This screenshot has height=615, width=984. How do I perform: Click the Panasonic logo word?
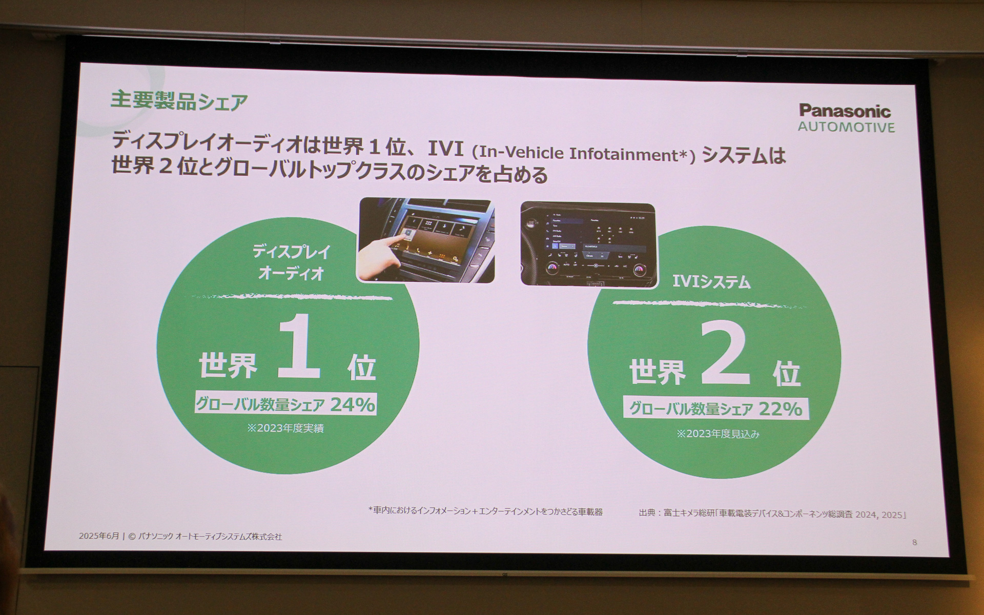pyautogui.click(x=845, y=111)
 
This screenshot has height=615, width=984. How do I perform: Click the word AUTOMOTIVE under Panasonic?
pyautogui.click(x=846, y=127)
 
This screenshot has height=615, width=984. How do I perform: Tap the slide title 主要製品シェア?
pyautogui.click(x=179, y=101)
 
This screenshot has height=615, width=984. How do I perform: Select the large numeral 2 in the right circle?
pyautogui.click(x=725, y=355)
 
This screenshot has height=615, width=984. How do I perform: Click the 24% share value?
pyautogui.click(x=353, y=405)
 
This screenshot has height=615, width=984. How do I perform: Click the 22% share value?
pyautogui.click(x=780, y=409)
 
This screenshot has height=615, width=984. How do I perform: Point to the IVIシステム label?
pyautogui.click(x=711, y=282)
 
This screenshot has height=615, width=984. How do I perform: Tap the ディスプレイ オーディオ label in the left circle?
pyautogui.click(x=291, y=262)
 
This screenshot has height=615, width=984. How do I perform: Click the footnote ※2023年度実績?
pyautogui.click(x=285, y=428)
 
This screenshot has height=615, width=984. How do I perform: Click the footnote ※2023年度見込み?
pyautogui.click(x=717, y=434)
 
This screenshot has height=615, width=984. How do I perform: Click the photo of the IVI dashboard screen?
pyautogui.click(x=588, y=244)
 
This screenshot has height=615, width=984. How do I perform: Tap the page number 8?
pyautogui.click(x=914, y=542)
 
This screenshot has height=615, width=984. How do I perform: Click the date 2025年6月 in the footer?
pyautogui.click(x=98, y=536)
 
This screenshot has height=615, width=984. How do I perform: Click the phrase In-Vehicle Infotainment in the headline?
pyautogui.click(x=579, y=154)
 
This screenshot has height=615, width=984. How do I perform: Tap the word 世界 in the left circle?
pyautogui.click(x=228, y=366)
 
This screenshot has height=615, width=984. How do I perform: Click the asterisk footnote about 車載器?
pyautogui.click(x=485, y=511)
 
